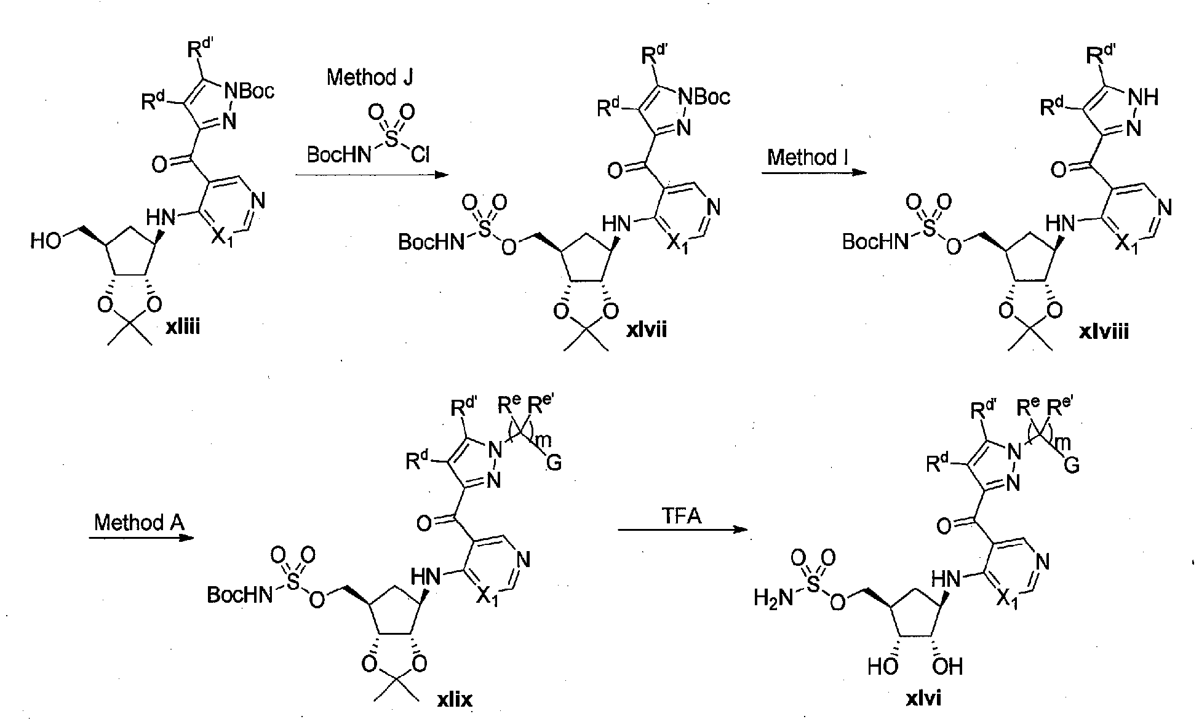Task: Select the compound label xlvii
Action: click(x=647, y=330)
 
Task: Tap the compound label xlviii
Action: click(x=1104, y=332)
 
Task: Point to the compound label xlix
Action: click(x=455, y=698)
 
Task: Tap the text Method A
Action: click(x=139, y=522)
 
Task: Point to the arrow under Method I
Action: click(x=815, y=173)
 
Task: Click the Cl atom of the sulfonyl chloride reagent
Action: click(x=420, y=155)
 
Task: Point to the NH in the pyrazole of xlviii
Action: click(x=1144, y=97)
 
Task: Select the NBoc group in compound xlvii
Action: click(x=704, y=97)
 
